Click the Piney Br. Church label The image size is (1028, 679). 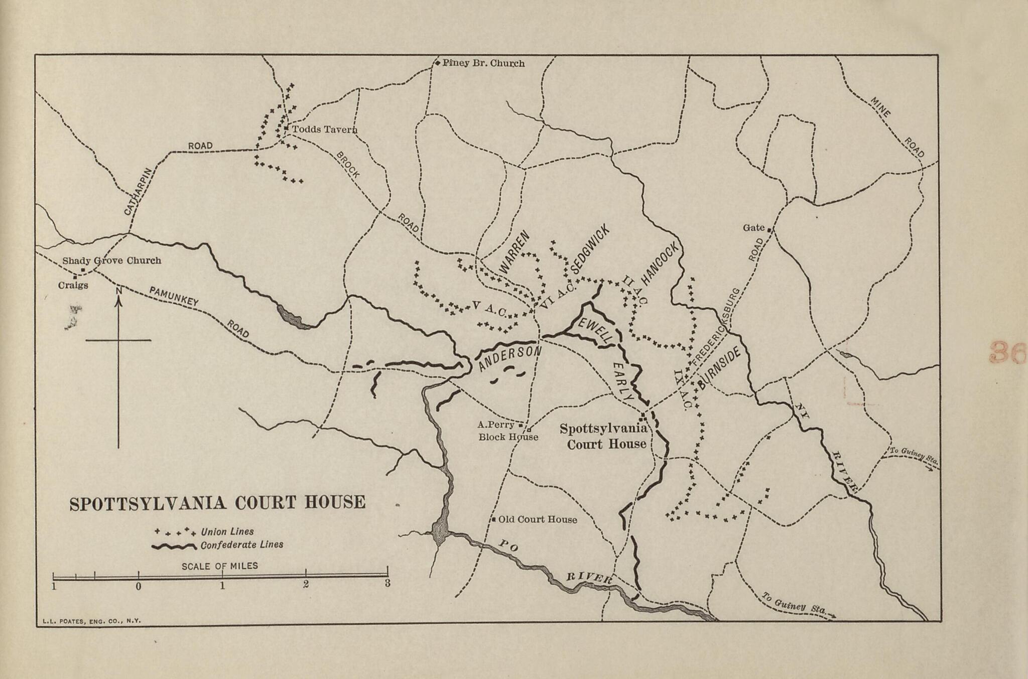click(x=483, y=64)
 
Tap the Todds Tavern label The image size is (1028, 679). click(x=324, y=129)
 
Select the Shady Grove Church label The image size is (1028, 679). click(x=111, y=261)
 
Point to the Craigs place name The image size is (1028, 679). click(x=73, y=285)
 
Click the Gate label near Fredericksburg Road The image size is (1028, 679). click(x=753, y=228)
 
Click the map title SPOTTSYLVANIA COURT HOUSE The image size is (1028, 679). click(x=217, y=503)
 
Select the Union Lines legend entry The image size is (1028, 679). click(x=227, y=531)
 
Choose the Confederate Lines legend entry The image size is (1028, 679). click(x=241, y=545)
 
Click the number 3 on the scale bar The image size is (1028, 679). click(x=387, y=583)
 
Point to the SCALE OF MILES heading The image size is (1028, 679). click(x=220, y=566)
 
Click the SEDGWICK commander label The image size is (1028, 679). click(x=590, y=249)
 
